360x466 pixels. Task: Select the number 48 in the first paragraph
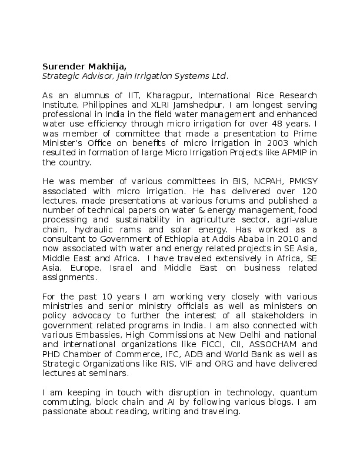pyautogui.click(x=280, y=124)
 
